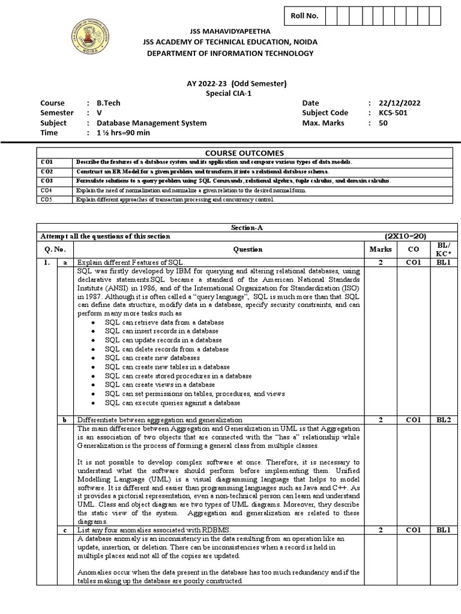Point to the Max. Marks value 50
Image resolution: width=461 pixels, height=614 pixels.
pos(384,123)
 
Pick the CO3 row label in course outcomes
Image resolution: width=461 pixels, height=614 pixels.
pos(47,180)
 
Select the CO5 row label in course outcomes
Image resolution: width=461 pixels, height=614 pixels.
pos(47,199)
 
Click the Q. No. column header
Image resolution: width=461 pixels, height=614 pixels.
pos(56,249)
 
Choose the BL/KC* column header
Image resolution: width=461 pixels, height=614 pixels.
pos(445,249)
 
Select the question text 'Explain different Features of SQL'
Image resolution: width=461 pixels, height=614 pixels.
pos(131,263)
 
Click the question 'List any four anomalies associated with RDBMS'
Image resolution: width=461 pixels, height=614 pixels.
pos(154,530)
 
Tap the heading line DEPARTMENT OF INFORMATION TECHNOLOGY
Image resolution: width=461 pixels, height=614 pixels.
pos(230,53)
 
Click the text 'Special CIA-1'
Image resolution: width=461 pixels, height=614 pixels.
pos(230,93)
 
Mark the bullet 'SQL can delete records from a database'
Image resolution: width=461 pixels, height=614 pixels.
pos(166,349)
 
